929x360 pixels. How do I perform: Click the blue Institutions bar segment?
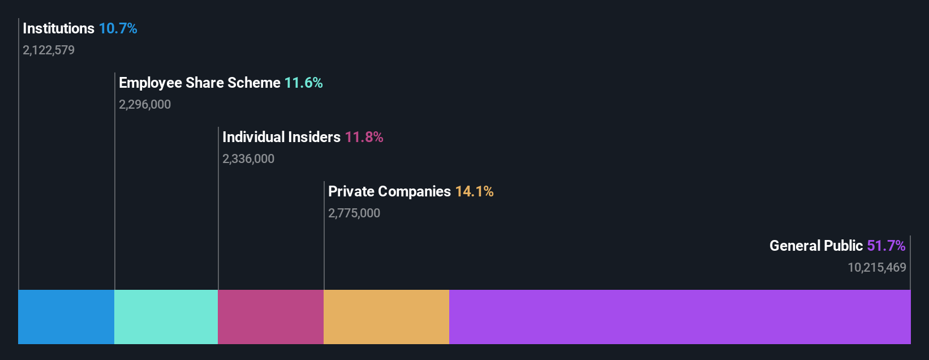point(66,317)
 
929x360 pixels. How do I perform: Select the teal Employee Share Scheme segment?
point(166,317)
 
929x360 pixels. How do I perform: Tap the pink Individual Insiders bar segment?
point(270,317)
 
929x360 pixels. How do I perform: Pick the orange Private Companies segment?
point(386,317)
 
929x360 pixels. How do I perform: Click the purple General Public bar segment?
point(679,317)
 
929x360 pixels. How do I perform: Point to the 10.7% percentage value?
point(118,28)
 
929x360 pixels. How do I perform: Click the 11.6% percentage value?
point(303,83)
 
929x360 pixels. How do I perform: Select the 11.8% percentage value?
point(364,137)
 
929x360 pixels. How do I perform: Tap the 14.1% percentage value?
point(474,191)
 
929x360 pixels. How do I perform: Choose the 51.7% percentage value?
point(886,246)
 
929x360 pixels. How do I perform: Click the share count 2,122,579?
point(49,50)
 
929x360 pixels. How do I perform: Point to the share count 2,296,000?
point(145,105)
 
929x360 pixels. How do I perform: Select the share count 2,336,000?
point(248,159)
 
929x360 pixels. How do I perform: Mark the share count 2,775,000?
point(354,213)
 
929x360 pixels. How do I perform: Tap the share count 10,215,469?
point(876,268)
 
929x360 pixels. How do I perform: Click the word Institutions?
point(58,28)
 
